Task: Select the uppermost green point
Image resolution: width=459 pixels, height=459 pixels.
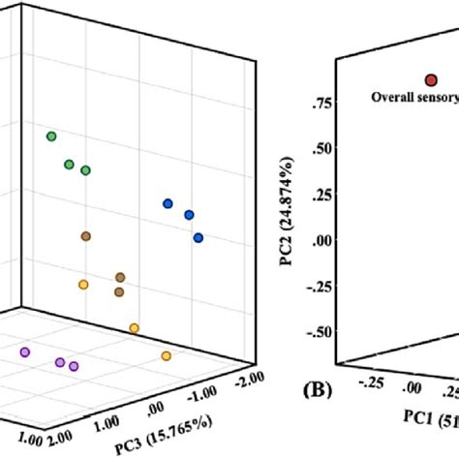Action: [51, 137]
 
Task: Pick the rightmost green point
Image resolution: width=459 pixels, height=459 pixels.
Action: [86, 170]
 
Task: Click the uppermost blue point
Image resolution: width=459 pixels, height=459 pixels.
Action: [168, 203]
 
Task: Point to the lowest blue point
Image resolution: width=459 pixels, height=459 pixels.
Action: [199, 237]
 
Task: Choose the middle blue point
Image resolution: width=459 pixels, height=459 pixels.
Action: [189, 214]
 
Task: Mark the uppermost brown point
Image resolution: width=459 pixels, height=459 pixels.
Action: [86, 235]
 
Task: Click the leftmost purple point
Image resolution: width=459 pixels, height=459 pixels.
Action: [25, 352]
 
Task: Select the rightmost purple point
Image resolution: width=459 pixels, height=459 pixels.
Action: [74, 366]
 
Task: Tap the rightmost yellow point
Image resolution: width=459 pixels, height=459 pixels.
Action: [166, 356]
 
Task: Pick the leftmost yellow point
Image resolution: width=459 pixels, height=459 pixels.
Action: [83, 284]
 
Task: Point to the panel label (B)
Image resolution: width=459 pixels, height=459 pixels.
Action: [319, 392]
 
